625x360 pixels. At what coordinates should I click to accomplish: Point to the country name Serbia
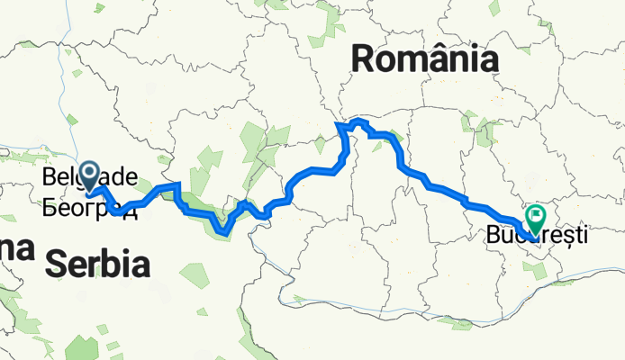point(96,263)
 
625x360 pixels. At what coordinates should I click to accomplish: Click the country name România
point(425,60)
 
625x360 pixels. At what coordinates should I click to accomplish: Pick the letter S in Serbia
point(57,263)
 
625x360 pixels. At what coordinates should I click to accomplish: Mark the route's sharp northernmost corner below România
point(339,123)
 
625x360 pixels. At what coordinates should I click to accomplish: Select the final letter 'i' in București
point(584,238)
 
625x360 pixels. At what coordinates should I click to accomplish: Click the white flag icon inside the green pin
point(538,215)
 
